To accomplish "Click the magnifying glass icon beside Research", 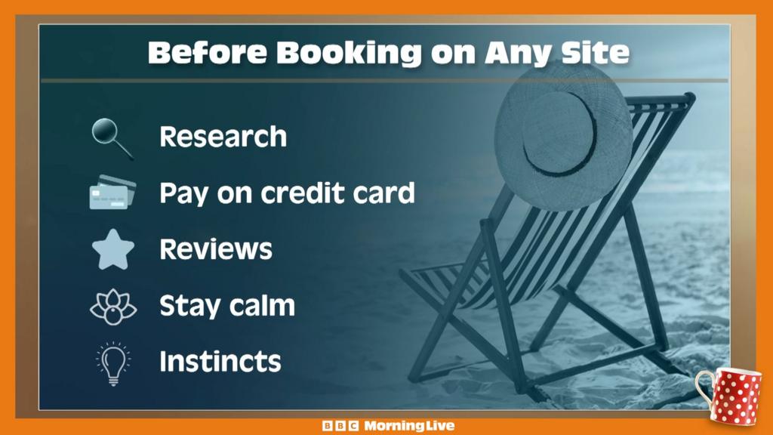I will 111,137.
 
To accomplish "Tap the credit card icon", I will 112,193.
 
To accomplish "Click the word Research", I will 223,137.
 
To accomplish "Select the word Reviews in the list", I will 216,249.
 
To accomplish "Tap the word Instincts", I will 220,361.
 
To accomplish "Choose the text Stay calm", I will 226,306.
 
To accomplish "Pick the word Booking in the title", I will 346,53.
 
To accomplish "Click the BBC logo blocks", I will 340,426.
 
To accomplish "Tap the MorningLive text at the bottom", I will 409,426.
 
